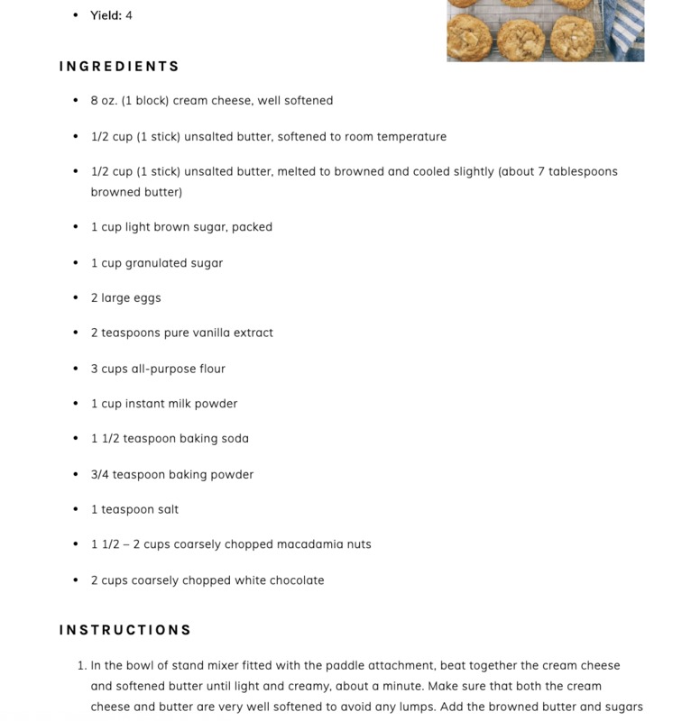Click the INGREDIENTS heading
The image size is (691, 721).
119,67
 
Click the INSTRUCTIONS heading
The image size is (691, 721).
125,630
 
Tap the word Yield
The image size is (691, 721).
106,15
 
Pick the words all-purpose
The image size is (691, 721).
160,369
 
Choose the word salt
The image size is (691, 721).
168,510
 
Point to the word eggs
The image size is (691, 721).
146,298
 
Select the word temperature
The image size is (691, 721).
410,137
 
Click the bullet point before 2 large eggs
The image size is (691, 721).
76,298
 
